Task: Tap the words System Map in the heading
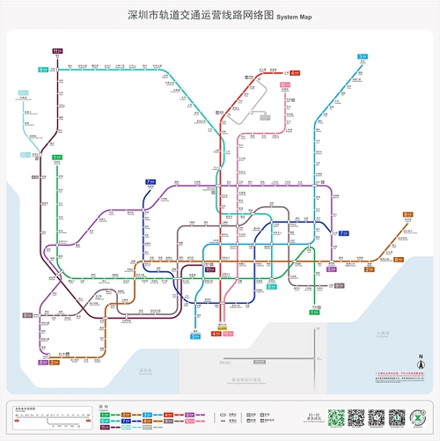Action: point(294,17)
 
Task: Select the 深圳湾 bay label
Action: point(145,371)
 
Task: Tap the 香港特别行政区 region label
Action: point(248,379)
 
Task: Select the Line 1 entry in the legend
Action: point(103,415)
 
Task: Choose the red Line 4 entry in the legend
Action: point(167,415)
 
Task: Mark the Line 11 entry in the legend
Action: point(103,428)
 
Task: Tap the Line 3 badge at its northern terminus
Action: point(362,56)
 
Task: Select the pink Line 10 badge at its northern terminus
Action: point(285,85)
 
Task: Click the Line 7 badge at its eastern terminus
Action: point(343,233)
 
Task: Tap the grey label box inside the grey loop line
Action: point(264,115)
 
